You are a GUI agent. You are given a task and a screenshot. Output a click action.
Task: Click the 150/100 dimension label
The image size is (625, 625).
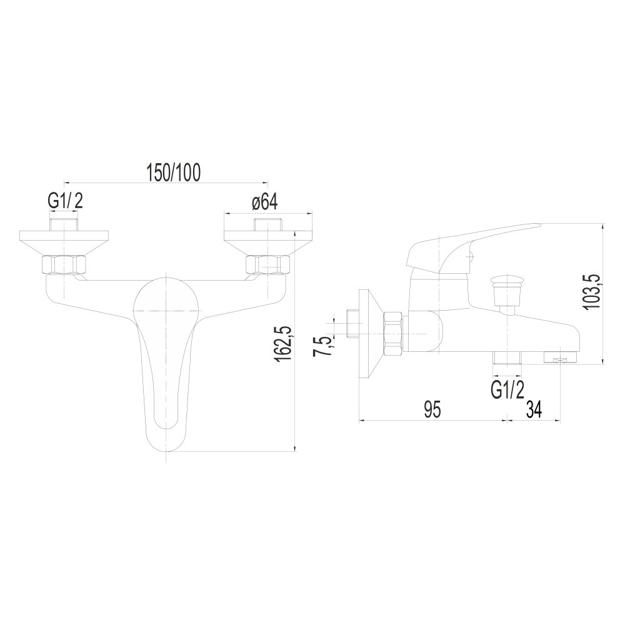click(x=173, y=172)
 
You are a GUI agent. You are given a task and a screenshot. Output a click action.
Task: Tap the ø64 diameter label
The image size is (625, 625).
click(x=264, y=202)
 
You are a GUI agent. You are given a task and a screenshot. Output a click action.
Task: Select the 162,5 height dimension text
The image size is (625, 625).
click(x=283, y=344)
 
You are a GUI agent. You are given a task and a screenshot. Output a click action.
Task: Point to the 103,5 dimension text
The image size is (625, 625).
click(x=591, y=291)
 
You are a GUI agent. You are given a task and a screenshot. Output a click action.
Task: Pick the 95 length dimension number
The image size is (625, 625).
click(x=432, y=409)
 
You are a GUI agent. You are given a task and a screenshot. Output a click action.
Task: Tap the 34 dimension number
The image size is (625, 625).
click(x=534, y=409)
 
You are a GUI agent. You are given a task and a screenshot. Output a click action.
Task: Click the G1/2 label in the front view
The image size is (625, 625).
click(x=66, y=201)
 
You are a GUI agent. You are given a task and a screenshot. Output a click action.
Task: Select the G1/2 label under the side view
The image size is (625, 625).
click(x=507, y=389)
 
